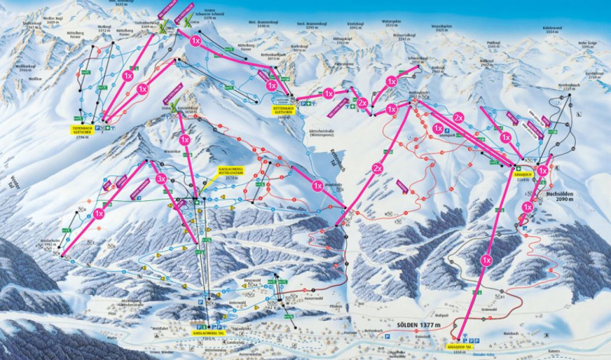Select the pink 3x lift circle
pos(160,178)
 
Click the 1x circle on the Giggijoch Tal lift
pos(486,261)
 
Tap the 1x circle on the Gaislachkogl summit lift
pos(184,140)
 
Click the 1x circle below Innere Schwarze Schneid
pos(196,40)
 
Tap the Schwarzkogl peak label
pos(418,57)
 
